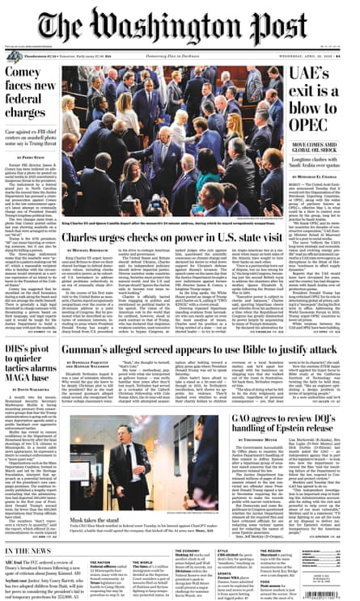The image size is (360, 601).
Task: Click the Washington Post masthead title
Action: coord(180,28)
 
